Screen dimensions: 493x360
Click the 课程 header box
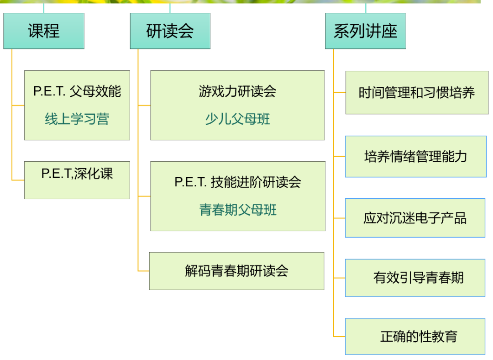point(44,31)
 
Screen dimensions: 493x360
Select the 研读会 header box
point(170,31)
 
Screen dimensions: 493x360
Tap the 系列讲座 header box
point(365,31)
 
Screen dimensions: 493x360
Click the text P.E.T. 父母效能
point(77,91)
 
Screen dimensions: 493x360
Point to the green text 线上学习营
point(77,119)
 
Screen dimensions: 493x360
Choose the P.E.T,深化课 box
point(77,180)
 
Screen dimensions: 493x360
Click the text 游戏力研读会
point(237,91)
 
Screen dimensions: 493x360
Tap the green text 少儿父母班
point(237,119)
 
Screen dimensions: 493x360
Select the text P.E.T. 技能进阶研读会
point(238,182)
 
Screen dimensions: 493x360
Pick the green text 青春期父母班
point(238,210)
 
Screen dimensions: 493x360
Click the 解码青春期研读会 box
point(236,271)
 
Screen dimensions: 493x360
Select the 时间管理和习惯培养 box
point(417,93)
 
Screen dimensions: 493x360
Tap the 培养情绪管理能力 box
point(416,156)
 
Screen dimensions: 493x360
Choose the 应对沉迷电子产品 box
point(415,218)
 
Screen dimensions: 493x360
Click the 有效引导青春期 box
point(415,278)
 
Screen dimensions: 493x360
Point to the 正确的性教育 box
point(415,336)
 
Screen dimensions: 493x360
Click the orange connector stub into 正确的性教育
point(340,336)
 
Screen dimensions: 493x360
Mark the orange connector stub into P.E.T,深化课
point(18,180)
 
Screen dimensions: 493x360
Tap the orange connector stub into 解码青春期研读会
point(144,271)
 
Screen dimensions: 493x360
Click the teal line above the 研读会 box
point(170,8)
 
